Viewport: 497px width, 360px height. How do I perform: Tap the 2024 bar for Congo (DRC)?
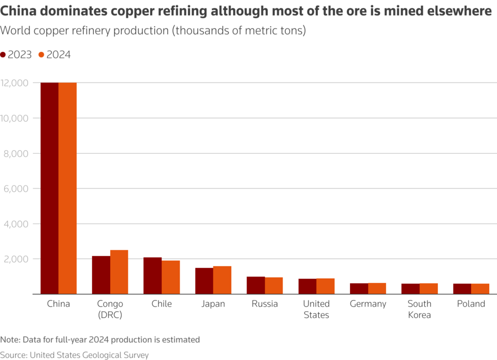[119, 272]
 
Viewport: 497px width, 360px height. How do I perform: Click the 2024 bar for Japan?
[222, 280]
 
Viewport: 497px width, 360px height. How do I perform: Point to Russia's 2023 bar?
[256, 285]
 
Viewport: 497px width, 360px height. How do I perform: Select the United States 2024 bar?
[325, 286]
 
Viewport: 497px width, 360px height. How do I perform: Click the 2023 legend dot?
[3, 55]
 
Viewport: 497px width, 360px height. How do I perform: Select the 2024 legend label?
[59, 55]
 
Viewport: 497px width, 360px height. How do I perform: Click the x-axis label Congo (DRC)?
[110, 309]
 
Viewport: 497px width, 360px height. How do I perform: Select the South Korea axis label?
[419, 309]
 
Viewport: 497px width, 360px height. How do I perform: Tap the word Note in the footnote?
[9, 340]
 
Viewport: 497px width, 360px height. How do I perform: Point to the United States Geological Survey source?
[89, 355]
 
